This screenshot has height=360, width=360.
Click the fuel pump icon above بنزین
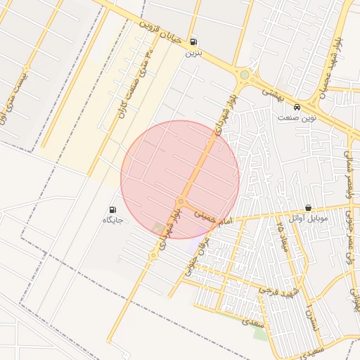pos(193,41)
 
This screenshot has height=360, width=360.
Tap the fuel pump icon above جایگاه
pos(112,210)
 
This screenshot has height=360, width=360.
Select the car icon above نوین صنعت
pos(298,108)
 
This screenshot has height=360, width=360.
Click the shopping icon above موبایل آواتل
pos(308,208)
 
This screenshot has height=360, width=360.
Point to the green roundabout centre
pos(244,74)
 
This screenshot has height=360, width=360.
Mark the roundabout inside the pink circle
pos(181,201)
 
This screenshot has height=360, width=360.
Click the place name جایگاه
pos(113,220)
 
